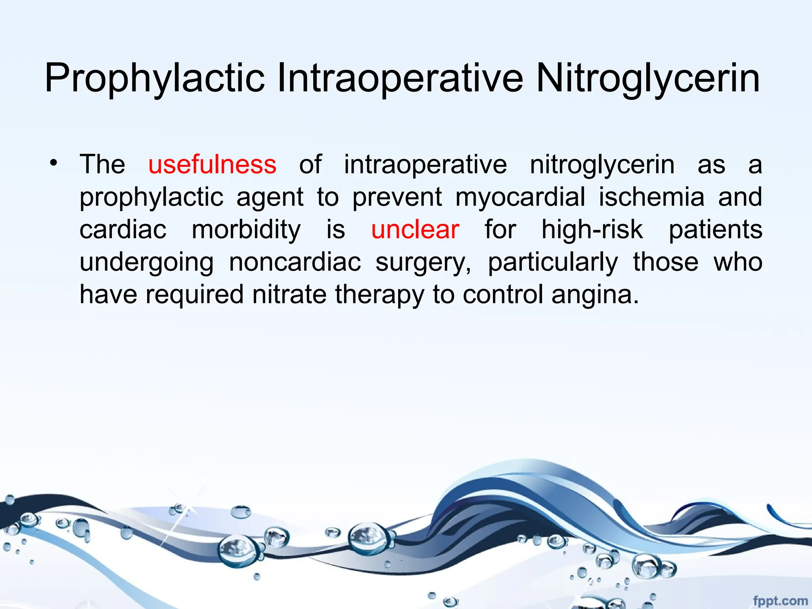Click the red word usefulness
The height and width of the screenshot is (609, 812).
212,164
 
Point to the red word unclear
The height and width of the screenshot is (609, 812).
415,229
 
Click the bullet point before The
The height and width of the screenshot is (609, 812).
54,163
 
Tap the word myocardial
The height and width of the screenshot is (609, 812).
520,197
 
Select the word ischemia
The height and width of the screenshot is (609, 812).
651,197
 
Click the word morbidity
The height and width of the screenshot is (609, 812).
246,229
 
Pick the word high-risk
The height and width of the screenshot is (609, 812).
592,229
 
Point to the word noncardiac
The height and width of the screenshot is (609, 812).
295,262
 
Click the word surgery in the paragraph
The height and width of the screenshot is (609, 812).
423,262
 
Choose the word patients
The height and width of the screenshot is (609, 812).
715,229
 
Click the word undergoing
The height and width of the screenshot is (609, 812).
147,262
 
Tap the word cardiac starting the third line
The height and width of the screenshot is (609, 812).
123,229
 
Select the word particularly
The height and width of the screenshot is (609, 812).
553,262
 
